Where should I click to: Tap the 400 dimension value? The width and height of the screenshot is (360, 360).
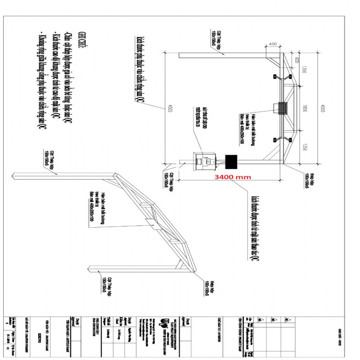273,44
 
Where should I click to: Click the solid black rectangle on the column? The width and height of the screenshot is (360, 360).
231,161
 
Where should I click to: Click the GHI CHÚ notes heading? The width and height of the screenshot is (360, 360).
82,42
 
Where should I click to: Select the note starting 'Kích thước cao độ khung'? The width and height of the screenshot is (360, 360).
56,76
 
